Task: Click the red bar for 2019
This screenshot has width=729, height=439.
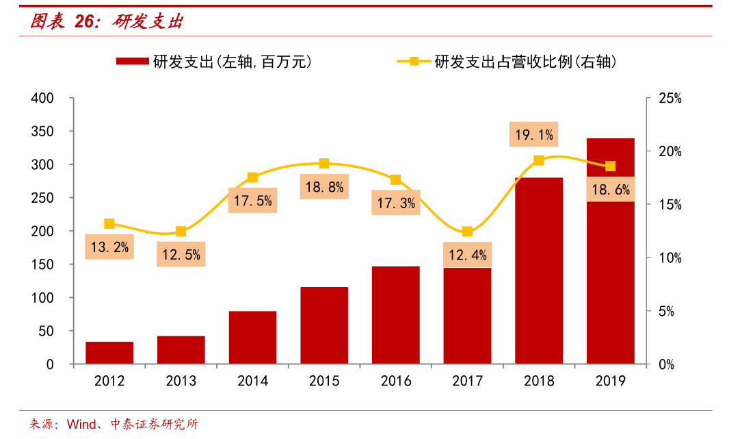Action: [x=610, y=251]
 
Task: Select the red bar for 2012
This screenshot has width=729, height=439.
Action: [x=109, y=353]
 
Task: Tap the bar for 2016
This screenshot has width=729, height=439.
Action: [x=395, y=315]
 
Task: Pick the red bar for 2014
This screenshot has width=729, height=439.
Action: [x=252, y=338]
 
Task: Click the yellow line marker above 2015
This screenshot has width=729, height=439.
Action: [x=324, y=164]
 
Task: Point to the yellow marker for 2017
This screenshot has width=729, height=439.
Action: [x=467, y=231]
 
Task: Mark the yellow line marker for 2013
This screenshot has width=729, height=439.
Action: [x=181, y=231]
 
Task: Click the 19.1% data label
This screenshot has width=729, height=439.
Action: [x=533, y=135]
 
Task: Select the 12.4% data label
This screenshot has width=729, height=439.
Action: [x=468, y=255]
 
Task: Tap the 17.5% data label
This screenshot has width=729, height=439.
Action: [x=252, y=201]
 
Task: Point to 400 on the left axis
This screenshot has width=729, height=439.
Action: [x=42, y=98]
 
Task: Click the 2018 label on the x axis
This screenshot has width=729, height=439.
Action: [x=539, y=381]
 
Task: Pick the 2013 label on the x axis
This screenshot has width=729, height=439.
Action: [x=181, y=381]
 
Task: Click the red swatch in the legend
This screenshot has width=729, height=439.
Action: [x=133, y=62]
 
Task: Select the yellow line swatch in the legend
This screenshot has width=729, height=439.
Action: [x=414, y=62]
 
